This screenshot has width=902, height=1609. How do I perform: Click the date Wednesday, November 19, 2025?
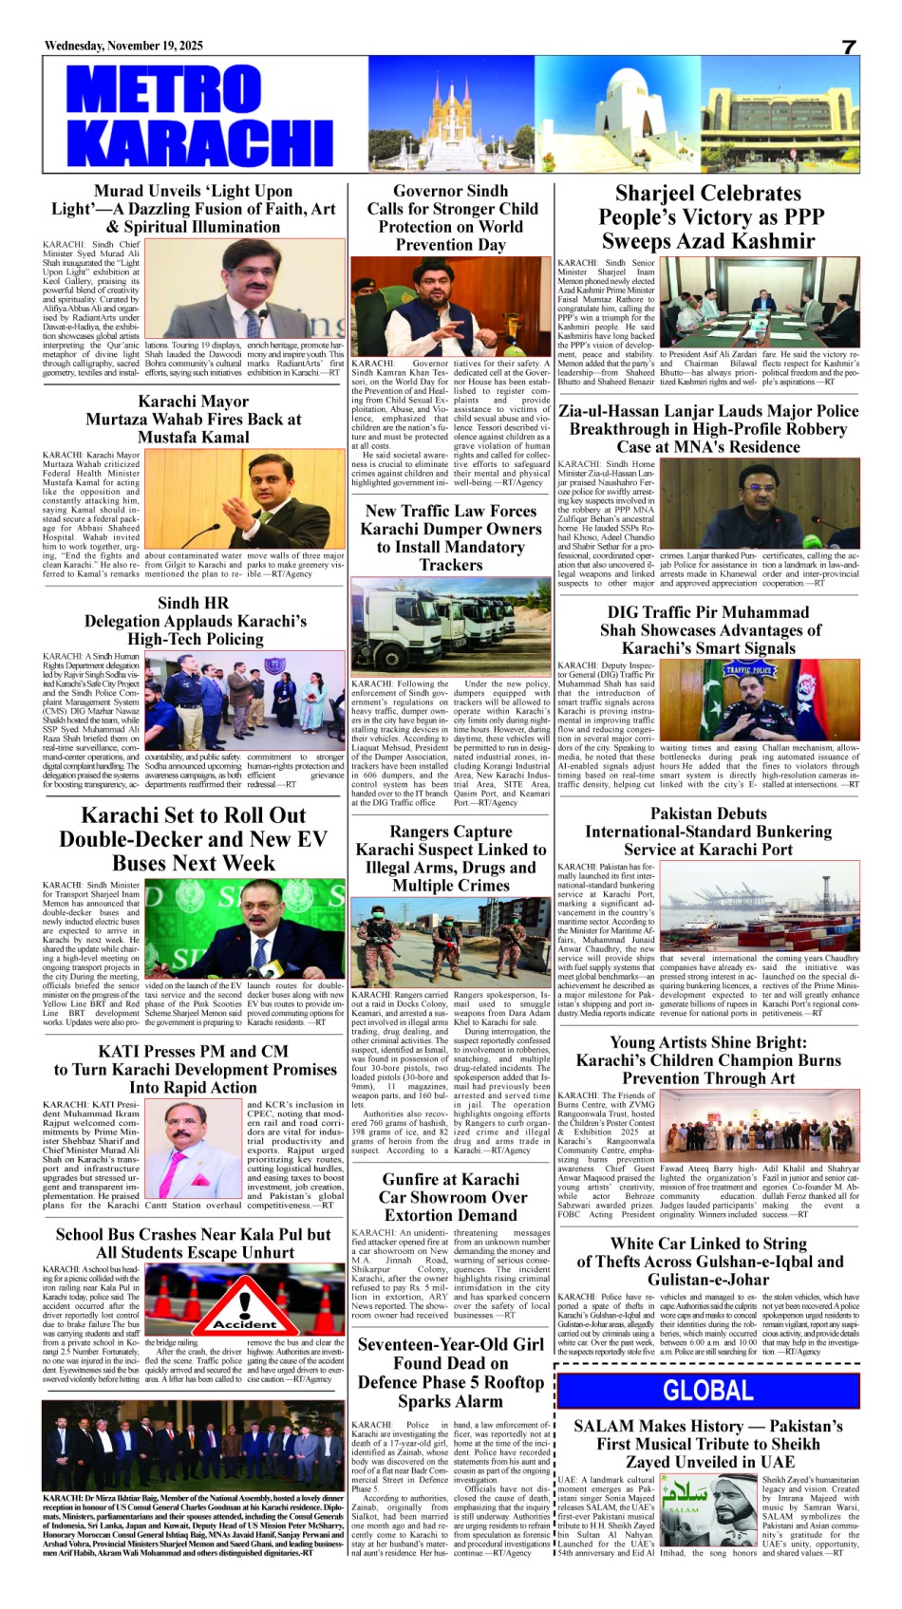[123, 46]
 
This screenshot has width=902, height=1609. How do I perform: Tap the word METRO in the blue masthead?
[163, 90]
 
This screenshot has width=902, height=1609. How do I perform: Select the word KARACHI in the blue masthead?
[199, 140]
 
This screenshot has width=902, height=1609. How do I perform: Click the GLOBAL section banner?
[707, 1391]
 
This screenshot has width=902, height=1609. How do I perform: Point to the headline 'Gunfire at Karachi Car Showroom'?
[451, 1197]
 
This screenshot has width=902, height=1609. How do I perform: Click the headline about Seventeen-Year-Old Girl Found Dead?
[451, 1372]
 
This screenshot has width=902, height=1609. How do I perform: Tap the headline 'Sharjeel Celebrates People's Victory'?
[708, 217]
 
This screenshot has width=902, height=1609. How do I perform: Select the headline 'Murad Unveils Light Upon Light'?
[194, 209]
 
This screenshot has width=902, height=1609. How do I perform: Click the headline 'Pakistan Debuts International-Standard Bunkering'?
[708, 832]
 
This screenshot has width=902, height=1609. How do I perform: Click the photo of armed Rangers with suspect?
[450, 944]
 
